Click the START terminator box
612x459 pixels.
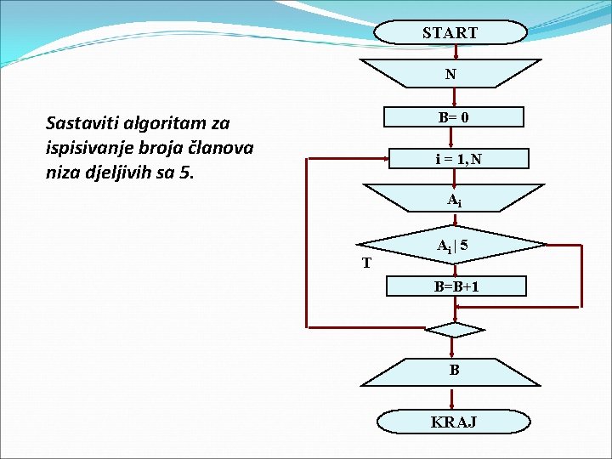(450, 33)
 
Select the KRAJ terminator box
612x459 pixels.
(453, 422)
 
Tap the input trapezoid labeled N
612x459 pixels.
(450, 74)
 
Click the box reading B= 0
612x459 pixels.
(453, 116)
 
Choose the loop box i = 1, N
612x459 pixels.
(458, 159)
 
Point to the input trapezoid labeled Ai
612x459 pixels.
(454, 201)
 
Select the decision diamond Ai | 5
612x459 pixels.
(453, 246)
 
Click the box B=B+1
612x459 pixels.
(456, 286)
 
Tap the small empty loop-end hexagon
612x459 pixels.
(453, 329)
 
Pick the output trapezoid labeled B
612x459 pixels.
(454, 370)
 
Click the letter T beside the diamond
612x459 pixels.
(366, 263)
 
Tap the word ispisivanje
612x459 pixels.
(90, 147)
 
